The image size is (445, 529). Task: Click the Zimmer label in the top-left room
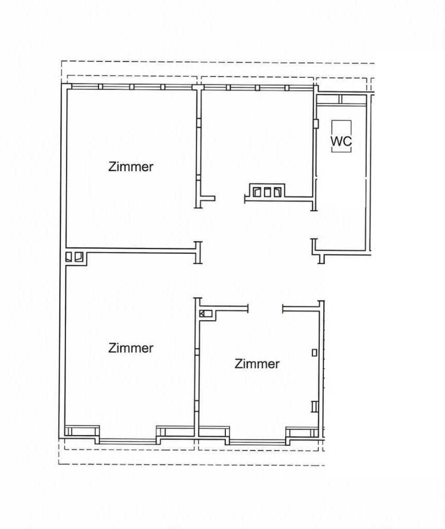131,167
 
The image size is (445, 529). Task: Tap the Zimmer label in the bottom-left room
131,348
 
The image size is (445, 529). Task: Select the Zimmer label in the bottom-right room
257,364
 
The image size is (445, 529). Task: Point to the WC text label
341,142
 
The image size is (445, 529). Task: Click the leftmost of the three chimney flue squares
258,192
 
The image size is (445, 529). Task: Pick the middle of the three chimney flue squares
267,192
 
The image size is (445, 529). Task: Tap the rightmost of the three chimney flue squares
278,192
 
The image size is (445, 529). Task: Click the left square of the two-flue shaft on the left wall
69,256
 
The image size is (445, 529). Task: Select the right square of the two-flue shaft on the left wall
78,256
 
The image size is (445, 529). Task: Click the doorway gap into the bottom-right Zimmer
266,309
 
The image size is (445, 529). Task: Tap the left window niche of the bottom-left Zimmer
82,431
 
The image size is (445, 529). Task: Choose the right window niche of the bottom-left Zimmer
175,431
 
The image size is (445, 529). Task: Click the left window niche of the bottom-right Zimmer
214,432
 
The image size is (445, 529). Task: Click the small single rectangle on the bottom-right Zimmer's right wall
314,352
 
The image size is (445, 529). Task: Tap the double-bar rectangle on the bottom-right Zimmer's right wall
314,406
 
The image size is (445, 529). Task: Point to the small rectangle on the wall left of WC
316,123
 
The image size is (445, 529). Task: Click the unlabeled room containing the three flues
257,142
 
